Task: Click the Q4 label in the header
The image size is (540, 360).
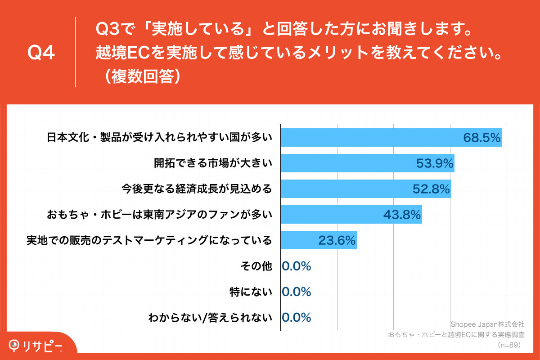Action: (x=41, y=53)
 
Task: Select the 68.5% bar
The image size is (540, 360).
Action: (x=391, y=137)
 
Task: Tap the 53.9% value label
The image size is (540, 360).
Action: (x=435, y=163)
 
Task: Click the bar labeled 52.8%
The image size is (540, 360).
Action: (x=366, y=189)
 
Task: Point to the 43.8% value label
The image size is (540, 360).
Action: (x=402, y=215)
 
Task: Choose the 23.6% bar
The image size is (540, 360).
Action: (x=319, y=240)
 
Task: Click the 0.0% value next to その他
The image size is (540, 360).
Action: (x=296, y=266)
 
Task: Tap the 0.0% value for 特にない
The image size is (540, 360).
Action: (x=296, y=292)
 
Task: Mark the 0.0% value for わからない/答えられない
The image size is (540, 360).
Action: (x=296, y=318)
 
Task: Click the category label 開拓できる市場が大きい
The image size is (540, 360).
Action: (x=213, y=163)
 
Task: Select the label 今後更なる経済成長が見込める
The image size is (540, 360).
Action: (x=197, y=189)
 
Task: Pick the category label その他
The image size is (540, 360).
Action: (x=256, y=266)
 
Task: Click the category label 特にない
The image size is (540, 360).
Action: (x=251, y=292)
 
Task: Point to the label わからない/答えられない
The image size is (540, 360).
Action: (x=210, y=318)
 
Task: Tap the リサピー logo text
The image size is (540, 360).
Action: (x=42, y=346)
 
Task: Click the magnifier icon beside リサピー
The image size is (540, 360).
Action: (x=14, y=345)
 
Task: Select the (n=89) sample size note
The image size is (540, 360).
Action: (x=509, y=345)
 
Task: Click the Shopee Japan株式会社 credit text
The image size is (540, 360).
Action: (x=487, y=324)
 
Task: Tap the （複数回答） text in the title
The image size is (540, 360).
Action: (x=143, y=76)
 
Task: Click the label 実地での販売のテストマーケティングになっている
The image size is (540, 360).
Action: (x=149, y=240)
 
